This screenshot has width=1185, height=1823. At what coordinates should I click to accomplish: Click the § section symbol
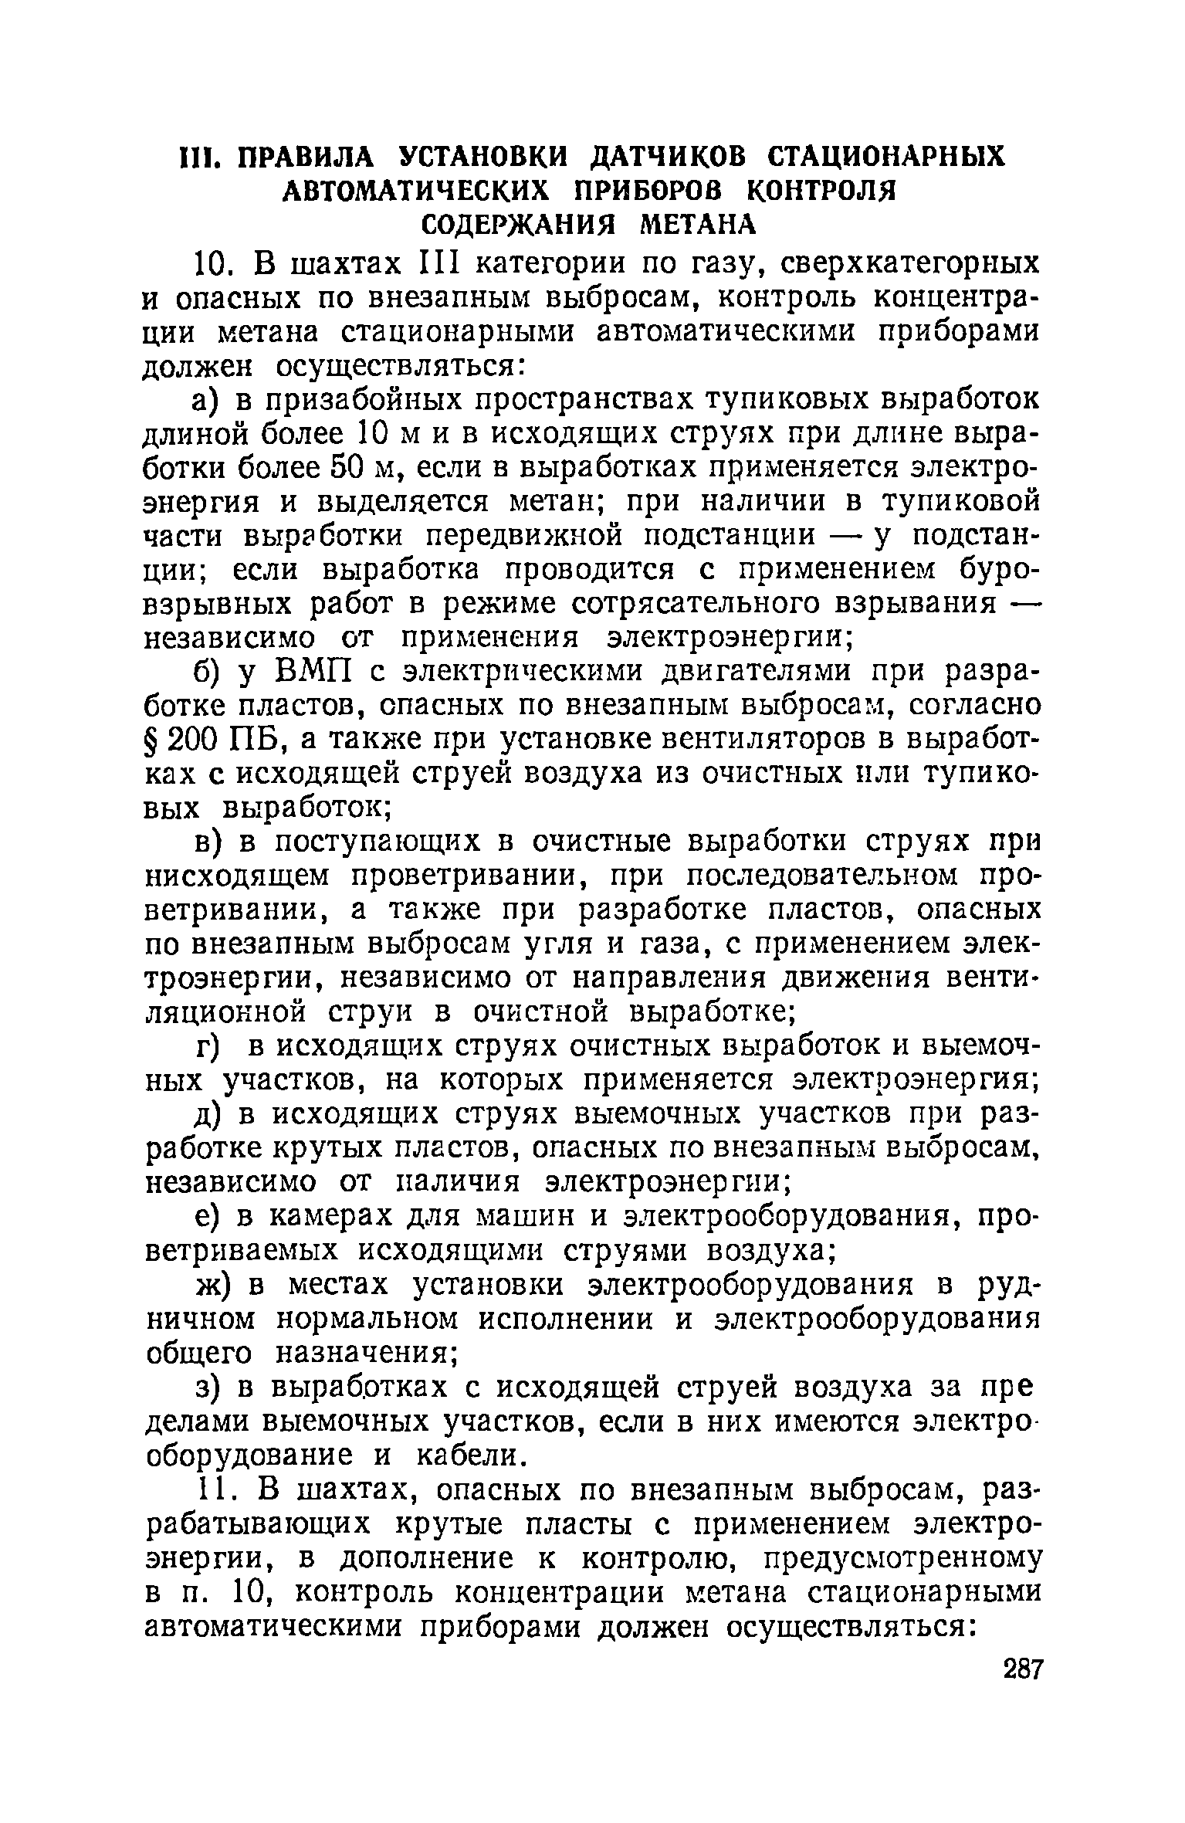153,740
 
